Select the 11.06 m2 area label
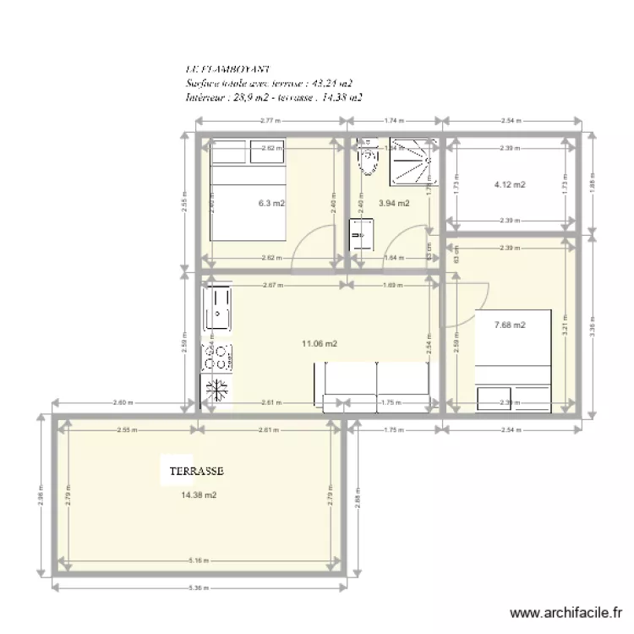(x=320, y=343)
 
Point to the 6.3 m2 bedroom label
(x=271, y=203)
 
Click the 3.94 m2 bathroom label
(x=394, y=203)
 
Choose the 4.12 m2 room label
(x=510, y=184)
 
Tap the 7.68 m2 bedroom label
(x=510, y=325)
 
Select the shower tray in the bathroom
(x=413, y=161)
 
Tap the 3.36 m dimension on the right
(x=593, y=325)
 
